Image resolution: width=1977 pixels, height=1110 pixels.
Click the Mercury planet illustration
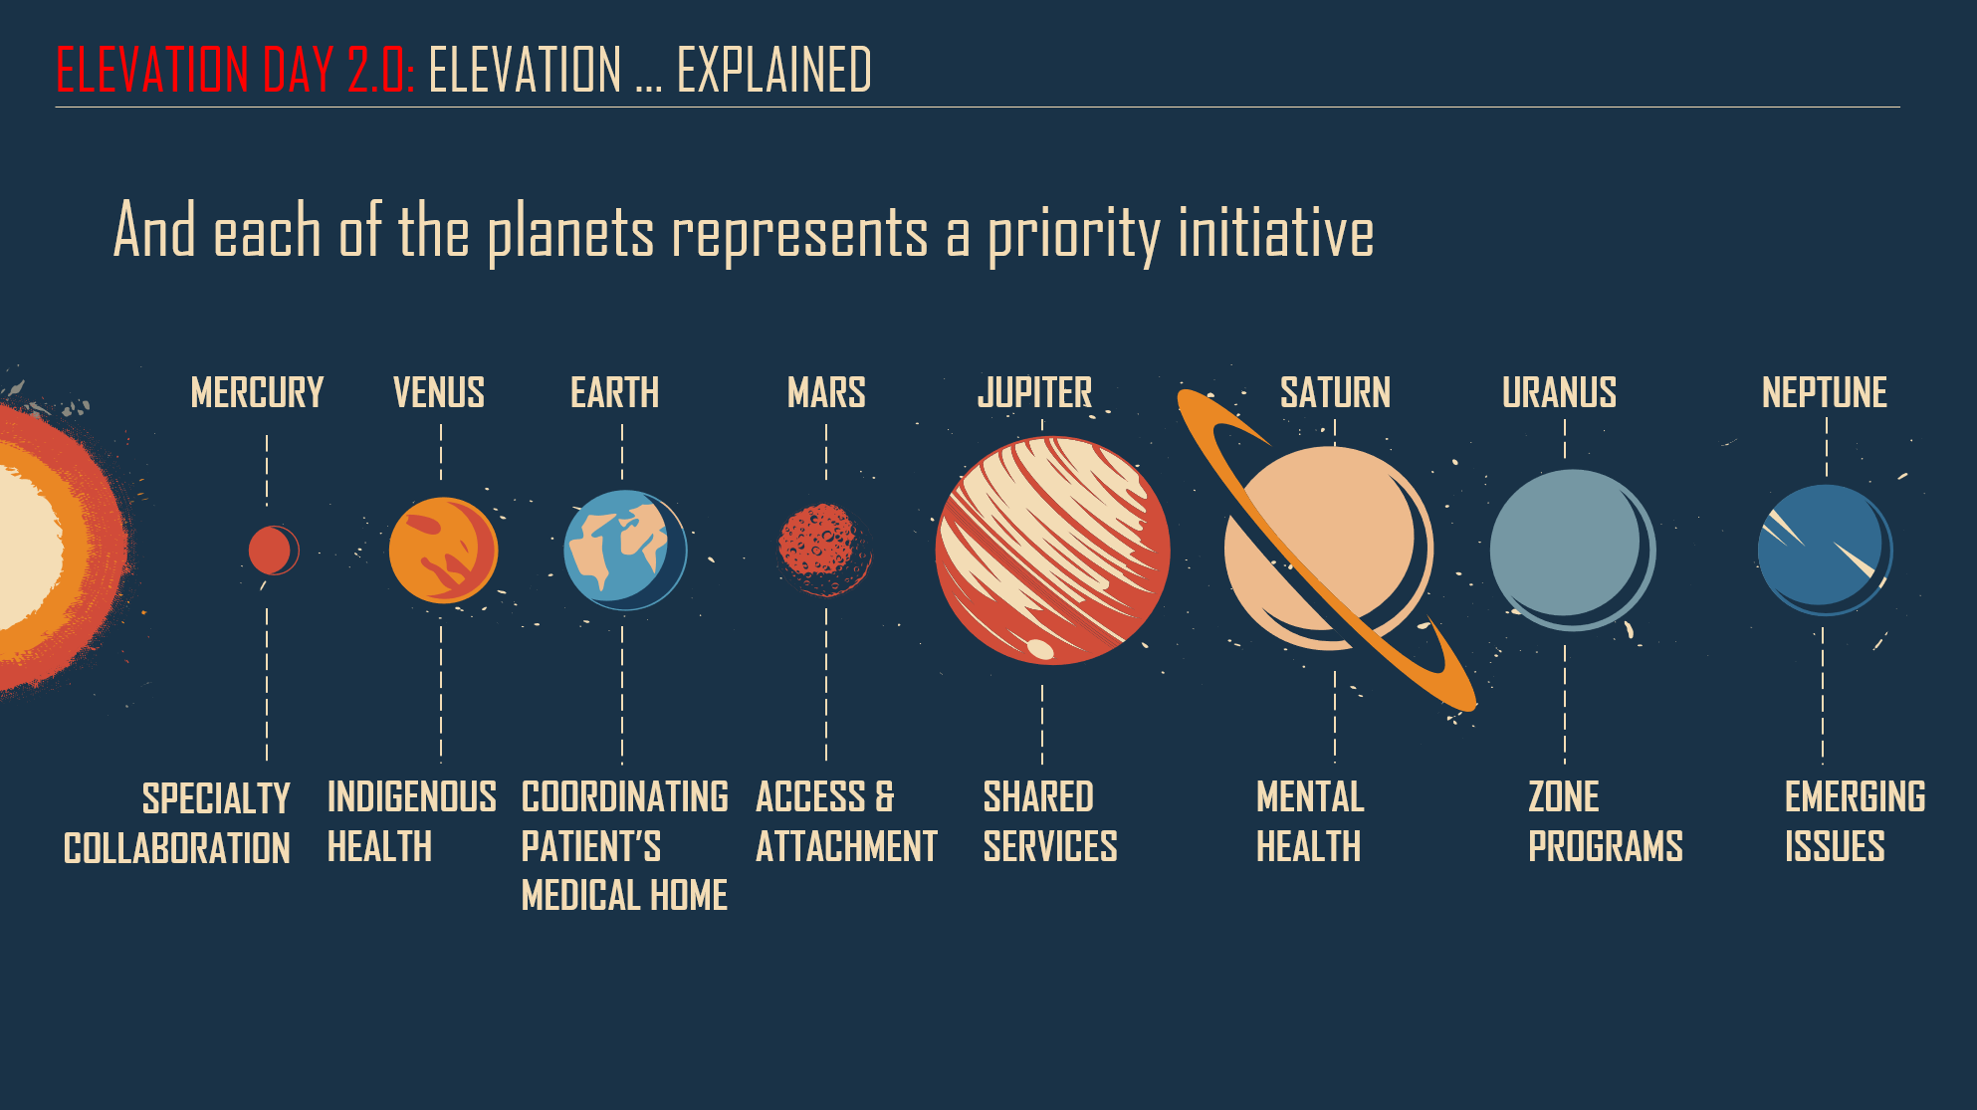pyautogui.click(x=273, y=551)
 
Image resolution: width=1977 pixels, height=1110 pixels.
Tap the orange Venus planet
pyautogui.click(x=443, y=551)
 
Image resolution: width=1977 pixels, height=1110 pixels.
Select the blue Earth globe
pyautogui.click(x=625, y=550)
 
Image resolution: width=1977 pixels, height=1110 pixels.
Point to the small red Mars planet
pyautogui.click(x=824, y=550)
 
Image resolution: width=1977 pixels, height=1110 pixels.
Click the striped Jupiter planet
pyautogui.click(x=1052, y=551)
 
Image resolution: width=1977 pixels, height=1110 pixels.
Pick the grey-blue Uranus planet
pyautogui.click(x=1573, y=550)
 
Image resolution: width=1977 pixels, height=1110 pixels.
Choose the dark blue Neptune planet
pyautogui.click(x=1825, y=550)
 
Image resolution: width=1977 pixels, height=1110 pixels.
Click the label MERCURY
pyautogui.click(x=257, y=393)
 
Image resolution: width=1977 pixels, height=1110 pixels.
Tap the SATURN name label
pyautogui.click(x=1335, y=393)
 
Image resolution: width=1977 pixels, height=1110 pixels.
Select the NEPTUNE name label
pyautogui.click(x=1825, y=393)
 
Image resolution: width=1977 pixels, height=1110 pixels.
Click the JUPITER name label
pyautogui.click(x=1034, y=393)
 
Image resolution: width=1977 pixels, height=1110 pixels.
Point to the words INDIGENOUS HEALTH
pyautogui.click(x=411, y=822)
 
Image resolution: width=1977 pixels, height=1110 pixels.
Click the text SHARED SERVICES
pyautogui.click(x=1050, y=822)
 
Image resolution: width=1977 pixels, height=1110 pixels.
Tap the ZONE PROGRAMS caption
pyautogui.click(x=1606, y=822)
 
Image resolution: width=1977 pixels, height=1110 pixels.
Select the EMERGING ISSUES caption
pyautogui.click(x=1855, y=822)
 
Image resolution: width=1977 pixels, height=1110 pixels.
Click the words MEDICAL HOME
pyautogui.click(x=624, y=895)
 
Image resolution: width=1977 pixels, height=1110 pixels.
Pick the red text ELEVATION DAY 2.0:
pyautogui.click(x=235, y=70)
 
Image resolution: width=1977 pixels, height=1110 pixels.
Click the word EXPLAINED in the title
pyautogui.click(x=773, y=70)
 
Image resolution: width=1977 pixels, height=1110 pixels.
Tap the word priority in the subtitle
pyautogui.click(x=1074, y=235)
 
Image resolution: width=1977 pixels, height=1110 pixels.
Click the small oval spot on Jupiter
pyautogui.click(x=1040, y=649)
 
